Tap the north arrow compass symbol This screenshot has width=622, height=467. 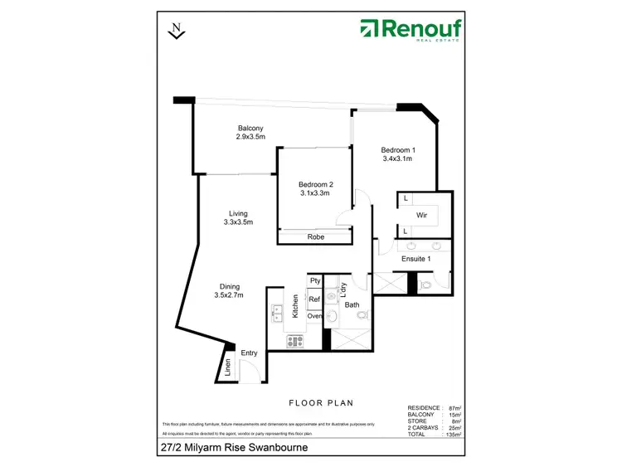pyautogui.click(x=176, y=31)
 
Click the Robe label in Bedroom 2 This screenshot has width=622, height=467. pyautogui.click(x=315, y=237)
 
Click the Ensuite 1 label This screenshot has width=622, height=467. pyautogui.click(x=416, y=259)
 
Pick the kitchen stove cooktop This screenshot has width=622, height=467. pyautogui.click(x=295, y=339)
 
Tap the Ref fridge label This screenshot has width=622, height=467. pyautogui.click(x=314, y=299)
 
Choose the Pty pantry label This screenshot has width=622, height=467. pyautogui.click(x=315, y=281)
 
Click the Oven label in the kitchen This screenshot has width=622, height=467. pyautogui.click(x=314, y=316)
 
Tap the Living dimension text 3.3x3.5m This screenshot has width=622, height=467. pyautogui.click(x=238, y=221)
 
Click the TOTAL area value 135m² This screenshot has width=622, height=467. pyautogui.click(x=453, y=433)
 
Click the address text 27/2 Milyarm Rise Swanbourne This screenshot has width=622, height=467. pyautogui.click(x=236, y=449)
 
